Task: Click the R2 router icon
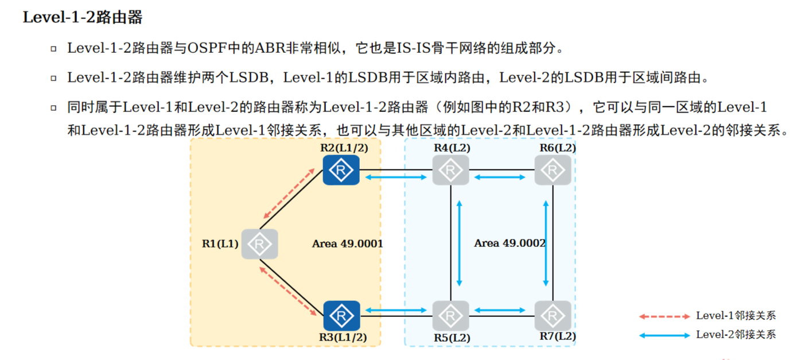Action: click(341, 170)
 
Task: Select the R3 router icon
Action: click(341, 315)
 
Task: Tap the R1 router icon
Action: click(259, 244)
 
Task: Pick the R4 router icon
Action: click(450, 170)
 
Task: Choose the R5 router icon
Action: click(450, 315)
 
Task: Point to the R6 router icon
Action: click(553, 170)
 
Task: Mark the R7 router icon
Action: click(553, 315)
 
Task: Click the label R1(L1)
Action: click(220, 243)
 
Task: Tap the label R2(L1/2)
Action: click(344, 148)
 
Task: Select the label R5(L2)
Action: click(452, 338)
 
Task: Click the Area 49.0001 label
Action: click(347, 243)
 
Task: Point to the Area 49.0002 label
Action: click(510, 243)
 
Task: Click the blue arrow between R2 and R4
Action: click(396, 177)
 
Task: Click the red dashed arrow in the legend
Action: click(664, 316)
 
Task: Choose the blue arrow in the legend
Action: click(664, 335)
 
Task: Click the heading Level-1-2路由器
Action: click(82, 18)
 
